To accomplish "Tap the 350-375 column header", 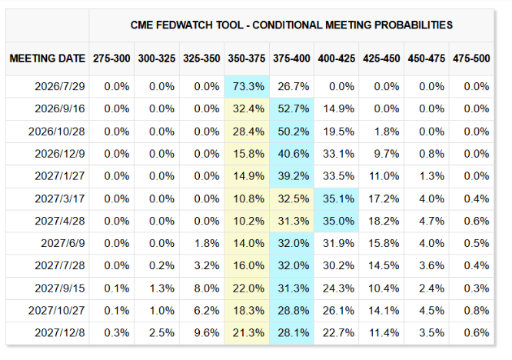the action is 247,58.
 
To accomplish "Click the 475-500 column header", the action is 471,58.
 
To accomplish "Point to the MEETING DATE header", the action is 48,58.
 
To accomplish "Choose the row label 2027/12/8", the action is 60,333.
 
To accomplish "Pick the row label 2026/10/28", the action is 56,132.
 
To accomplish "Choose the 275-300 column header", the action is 111,58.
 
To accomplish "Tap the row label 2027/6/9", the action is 63,243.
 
